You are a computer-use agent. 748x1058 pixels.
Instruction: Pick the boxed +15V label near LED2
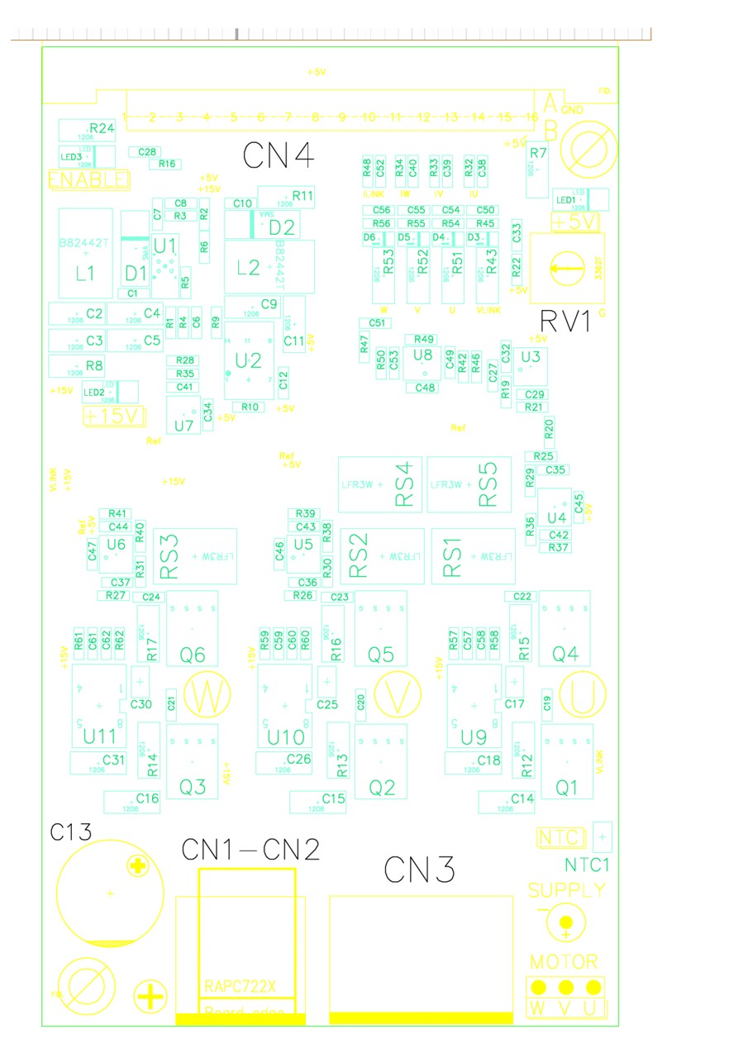[x=115, y=416]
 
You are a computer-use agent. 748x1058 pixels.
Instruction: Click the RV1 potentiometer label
[x=566, y=321]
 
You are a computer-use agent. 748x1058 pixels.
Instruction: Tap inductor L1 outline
[x=86, y=253]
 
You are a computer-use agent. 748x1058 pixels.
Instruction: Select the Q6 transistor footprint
[x=193, y=629]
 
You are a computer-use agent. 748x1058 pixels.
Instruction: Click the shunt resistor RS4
[x=380, y=484]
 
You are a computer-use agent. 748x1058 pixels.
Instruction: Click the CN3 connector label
[x=420, y=869]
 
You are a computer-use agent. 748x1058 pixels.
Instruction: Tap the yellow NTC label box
[x=560, y=838]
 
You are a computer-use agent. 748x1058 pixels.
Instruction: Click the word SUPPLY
[x=567, y=891]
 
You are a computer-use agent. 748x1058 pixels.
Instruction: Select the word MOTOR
[x=565, y=962]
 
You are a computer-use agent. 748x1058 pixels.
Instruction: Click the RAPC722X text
[x=240, y=986]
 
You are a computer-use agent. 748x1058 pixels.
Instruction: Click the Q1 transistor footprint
[x=566, y=761]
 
